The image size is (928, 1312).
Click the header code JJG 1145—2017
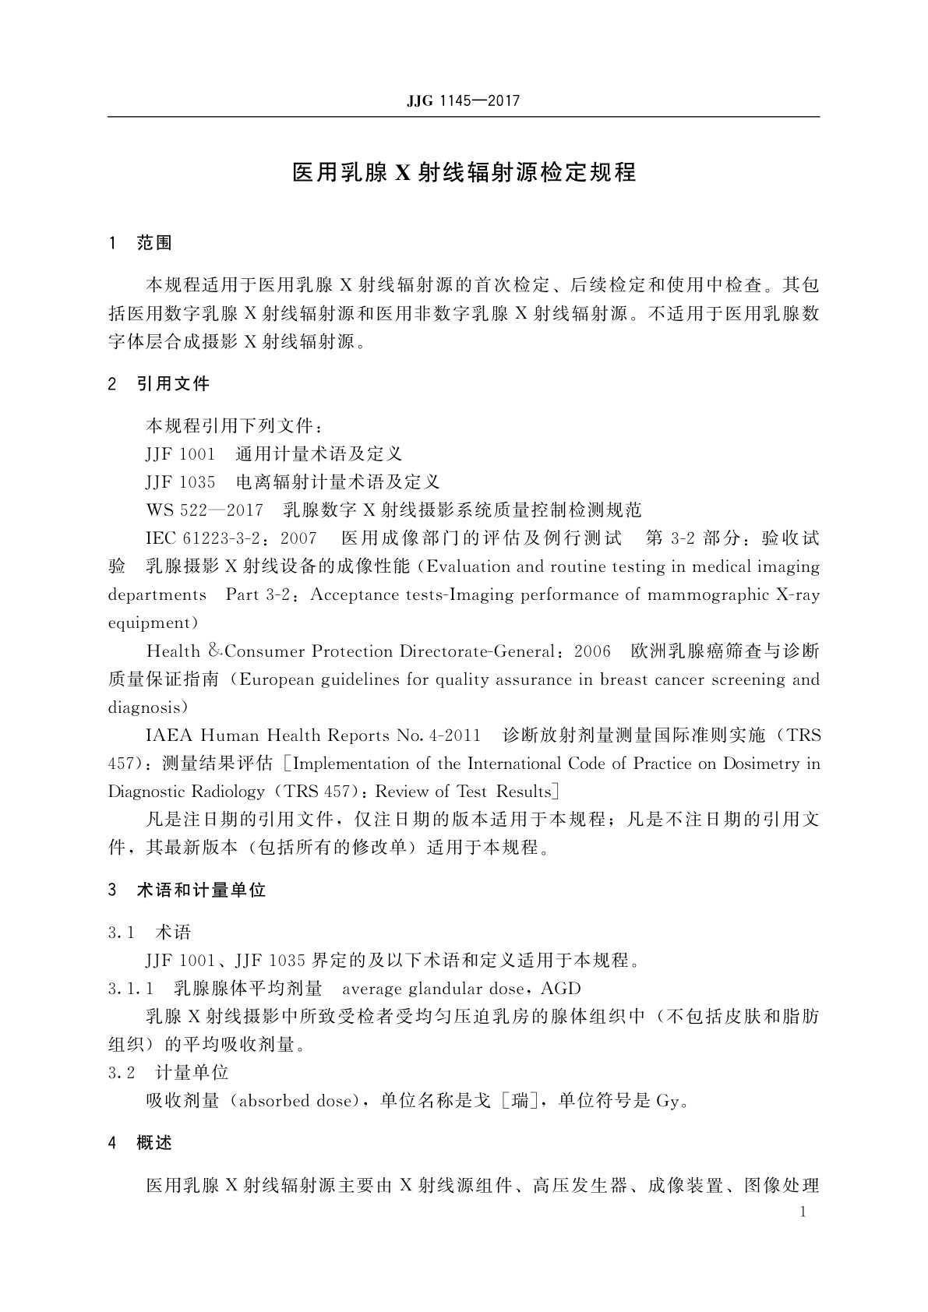click(463, 101)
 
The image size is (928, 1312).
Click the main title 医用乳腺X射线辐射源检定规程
click(464, 172)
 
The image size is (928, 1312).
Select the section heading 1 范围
click(140, 243)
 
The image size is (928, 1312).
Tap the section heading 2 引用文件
click(159, 383)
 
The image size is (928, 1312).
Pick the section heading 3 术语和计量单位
click(187, 891)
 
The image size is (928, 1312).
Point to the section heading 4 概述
click(140, 1143)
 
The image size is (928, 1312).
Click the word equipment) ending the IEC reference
click(153, 623)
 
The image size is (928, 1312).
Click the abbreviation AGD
click(561, 989)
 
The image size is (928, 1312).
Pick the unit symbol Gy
click(669, 1102)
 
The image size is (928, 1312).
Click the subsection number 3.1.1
click(132, 989)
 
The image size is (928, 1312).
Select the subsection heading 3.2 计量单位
click(168, 1073)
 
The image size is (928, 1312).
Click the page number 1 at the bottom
click(803, 1211)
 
